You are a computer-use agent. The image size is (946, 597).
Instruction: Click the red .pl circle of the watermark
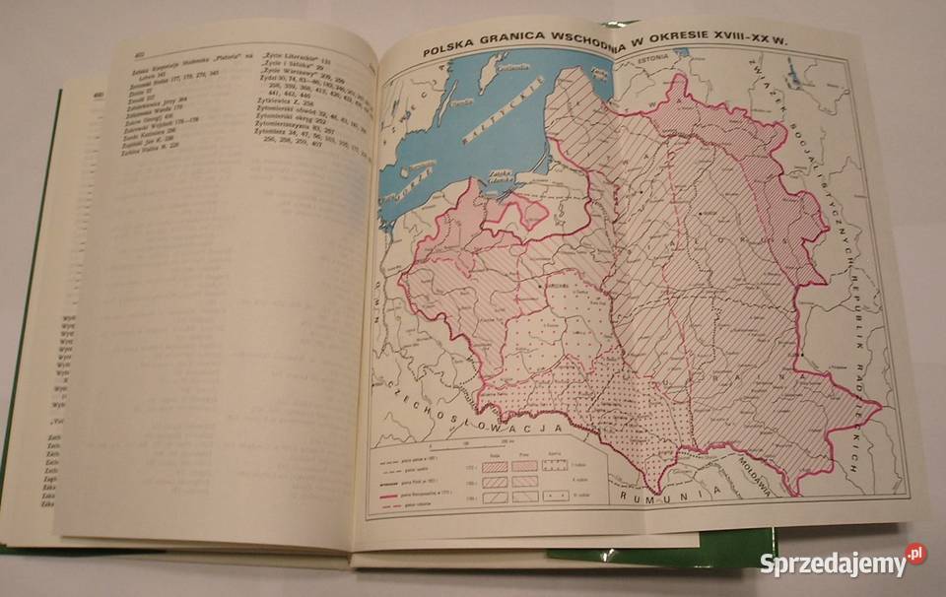click(x=915, y=555)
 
